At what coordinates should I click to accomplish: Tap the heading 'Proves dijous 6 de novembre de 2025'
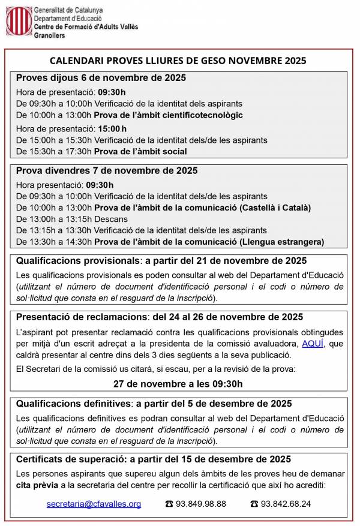[101, 78]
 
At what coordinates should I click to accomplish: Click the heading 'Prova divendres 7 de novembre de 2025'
[107, 171]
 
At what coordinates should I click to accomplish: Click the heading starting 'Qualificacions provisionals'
[161, 261]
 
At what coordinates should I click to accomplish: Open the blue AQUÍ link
[313, 343]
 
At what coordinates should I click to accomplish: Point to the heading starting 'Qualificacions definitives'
[154, 404]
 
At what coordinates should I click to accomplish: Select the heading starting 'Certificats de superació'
[153, 459]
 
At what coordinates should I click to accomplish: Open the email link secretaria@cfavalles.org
[94, 504]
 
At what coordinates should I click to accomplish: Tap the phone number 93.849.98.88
[201, 504]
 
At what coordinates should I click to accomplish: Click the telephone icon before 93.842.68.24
[254, 504]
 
